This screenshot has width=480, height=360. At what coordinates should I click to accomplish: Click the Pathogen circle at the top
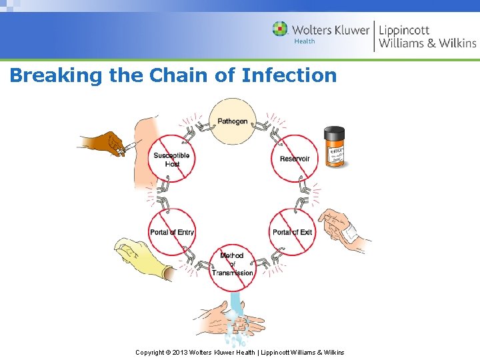233,121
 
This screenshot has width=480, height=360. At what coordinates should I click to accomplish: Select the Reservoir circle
295,159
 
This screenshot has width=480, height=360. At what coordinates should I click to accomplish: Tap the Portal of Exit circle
292,231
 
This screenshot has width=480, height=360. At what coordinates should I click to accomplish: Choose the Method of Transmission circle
233,265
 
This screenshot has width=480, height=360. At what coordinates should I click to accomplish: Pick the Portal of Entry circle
172,231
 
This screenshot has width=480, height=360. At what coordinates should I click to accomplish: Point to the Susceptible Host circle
172,159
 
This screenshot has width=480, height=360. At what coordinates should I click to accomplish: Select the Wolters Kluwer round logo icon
281,29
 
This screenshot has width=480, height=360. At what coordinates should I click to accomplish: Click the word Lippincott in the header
404,30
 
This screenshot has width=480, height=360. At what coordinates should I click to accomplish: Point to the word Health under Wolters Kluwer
305,41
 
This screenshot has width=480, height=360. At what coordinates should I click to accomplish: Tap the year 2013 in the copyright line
179,352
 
